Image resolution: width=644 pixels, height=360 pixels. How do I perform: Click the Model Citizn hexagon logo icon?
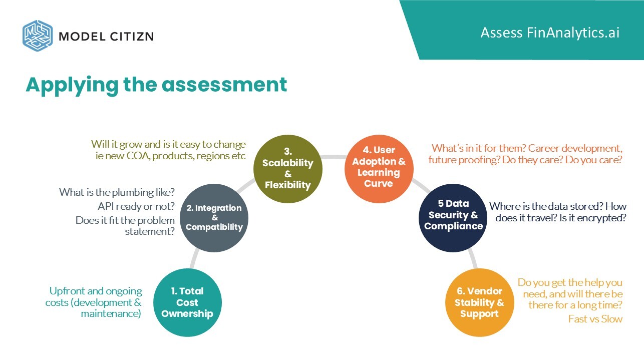coord(38,35)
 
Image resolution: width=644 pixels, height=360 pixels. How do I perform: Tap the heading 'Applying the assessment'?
coord(156,85)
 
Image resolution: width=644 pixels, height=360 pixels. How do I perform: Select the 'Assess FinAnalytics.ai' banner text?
coord(550,33)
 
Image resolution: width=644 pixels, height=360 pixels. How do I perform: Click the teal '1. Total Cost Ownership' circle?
coord(187,302)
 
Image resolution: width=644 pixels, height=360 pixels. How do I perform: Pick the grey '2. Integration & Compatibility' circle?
coord(214,217)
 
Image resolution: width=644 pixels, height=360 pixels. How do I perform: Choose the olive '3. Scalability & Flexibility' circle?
coord(287,168)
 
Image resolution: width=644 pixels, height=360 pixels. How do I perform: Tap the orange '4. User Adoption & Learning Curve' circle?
coord(379,167)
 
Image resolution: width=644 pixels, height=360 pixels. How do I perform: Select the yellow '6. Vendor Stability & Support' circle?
coord(479,302)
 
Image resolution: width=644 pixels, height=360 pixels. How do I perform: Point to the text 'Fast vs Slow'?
coord(595,319)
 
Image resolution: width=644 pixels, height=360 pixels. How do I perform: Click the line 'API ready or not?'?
coord(136,206)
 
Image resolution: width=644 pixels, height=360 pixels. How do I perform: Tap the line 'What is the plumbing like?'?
coord(117,192)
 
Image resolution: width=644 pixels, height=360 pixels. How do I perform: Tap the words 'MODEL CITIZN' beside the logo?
coord(106,36)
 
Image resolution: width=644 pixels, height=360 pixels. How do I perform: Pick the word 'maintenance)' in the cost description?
coord(111,314)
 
